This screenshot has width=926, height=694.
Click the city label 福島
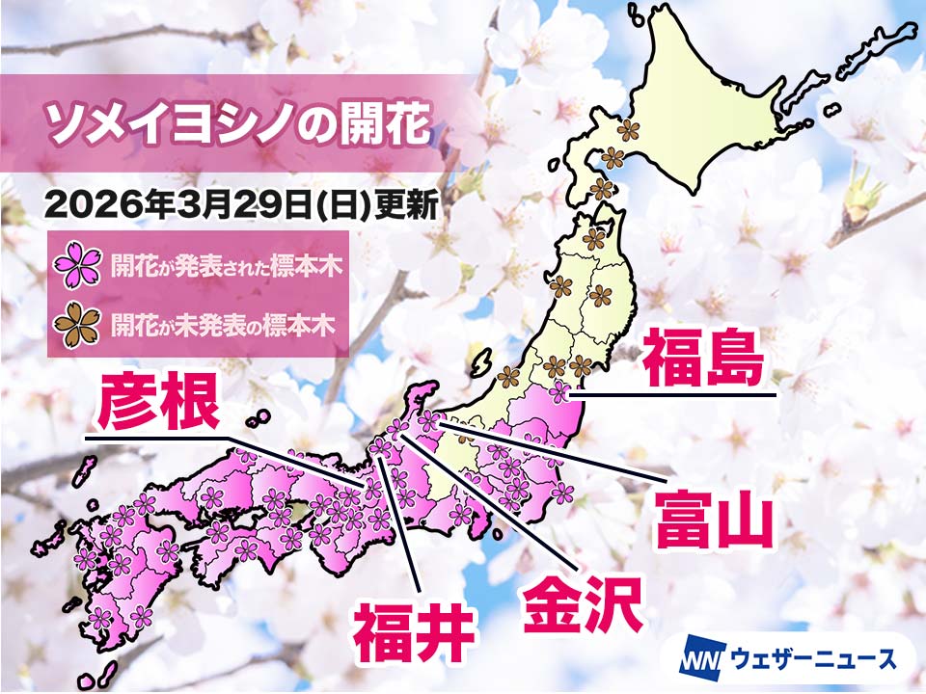[x=704, y=357]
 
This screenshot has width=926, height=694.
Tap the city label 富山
[x=714, y=519]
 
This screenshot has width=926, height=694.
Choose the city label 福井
[x=416, y=631]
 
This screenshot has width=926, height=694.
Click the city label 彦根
[x=157, y=405]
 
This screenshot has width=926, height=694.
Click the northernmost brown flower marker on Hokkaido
[x=629, y=128]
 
